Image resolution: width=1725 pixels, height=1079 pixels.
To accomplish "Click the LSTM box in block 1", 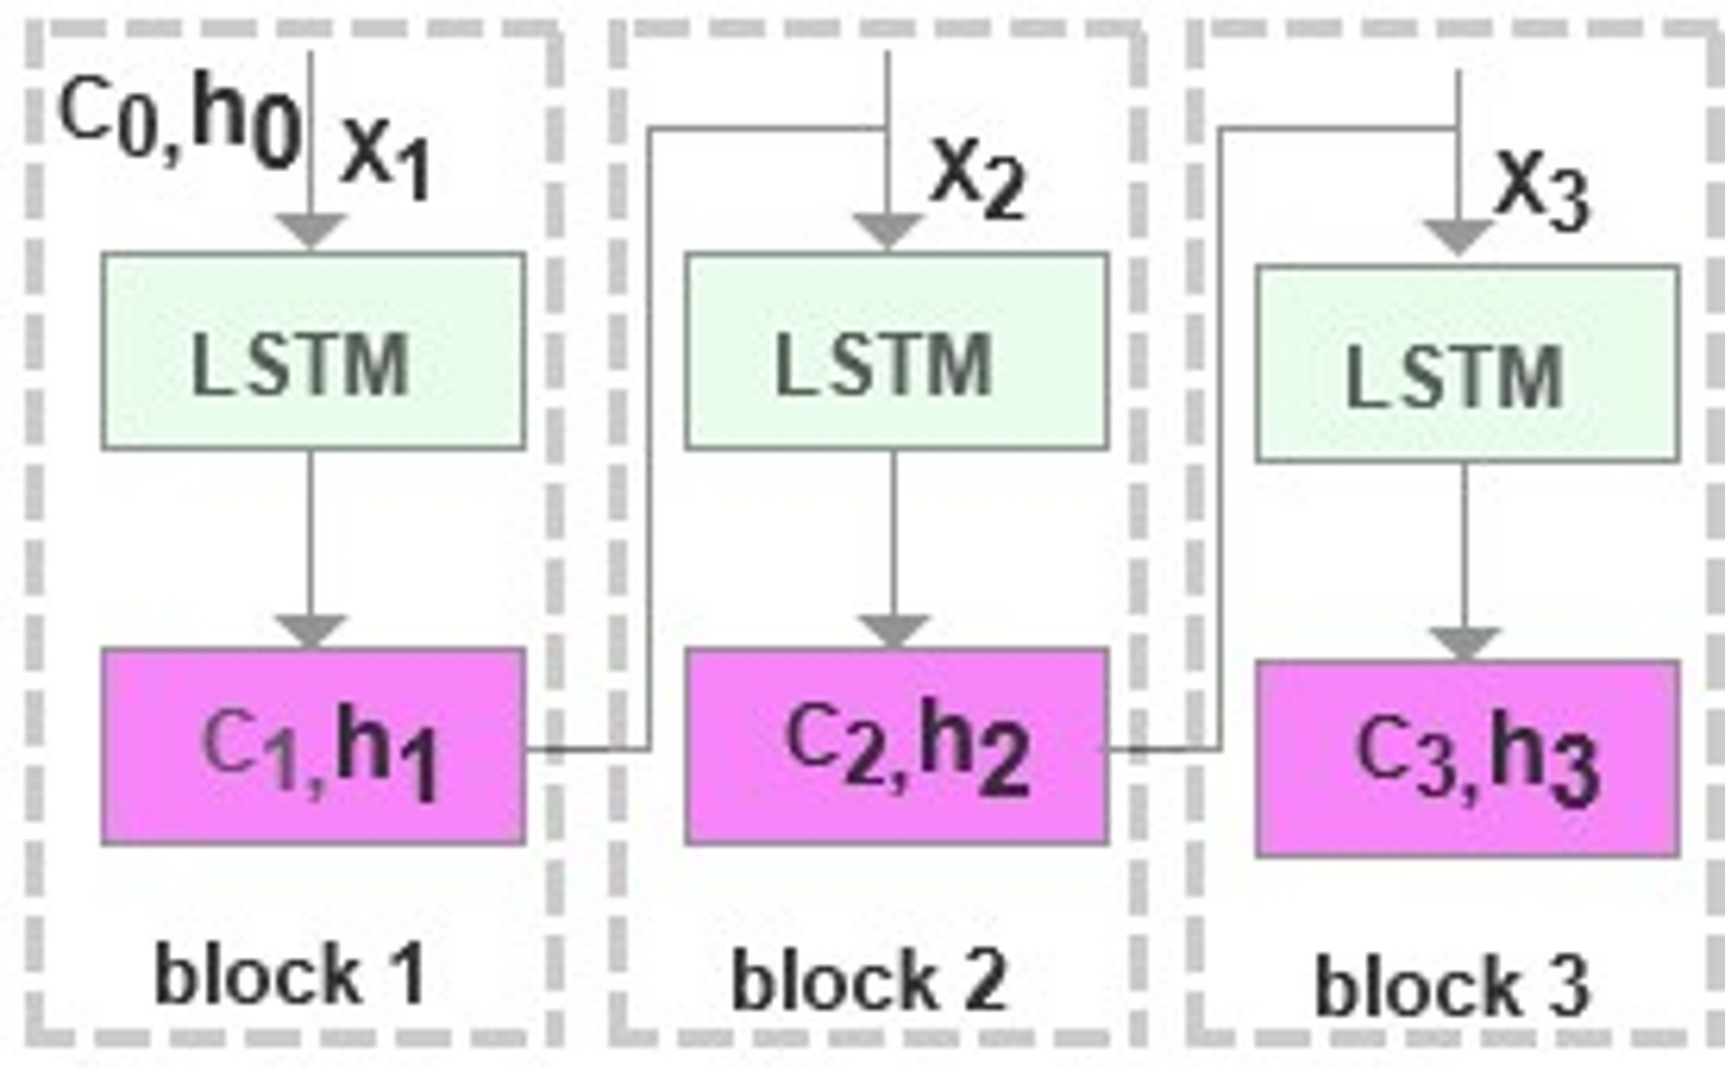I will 313,351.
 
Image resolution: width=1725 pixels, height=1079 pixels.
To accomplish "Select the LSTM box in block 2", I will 896,351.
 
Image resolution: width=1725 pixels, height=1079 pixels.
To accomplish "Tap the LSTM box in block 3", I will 1466,364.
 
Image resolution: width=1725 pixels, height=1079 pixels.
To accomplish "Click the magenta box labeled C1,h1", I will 313,747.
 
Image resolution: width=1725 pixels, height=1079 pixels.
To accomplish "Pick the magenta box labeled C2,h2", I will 896,747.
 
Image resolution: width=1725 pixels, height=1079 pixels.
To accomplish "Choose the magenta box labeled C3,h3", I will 1466,759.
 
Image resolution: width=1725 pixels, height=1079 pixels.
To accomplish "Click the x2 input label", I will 978,177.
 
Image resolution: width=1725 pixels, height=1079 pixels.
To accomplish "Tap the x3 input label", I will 1542,189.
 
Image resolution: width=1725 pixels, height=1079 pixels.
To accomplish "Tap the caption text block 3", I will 1452,986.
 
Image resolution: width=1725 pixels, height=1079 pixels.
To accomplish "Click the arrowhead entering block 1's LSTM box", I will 311,231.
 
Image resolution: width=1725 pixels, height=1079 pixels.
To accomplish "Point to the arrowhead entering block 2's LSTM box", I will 887,231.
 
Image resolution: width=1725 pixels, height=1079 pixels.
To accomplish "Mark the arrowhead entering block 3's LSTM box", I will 1458,236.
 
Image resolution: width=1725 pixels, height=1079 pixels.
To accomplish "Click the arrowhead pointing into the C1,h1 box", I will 311,631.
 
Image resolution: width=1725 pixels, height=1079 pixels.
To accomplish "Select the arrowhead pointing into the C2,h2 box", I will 893,631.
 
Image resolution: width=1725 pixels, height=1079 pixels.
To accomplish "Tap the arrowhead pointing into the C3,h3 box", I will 1465,643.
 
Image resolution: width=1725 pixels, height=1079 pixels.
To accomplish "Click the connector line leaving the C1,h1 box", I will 593,749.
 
